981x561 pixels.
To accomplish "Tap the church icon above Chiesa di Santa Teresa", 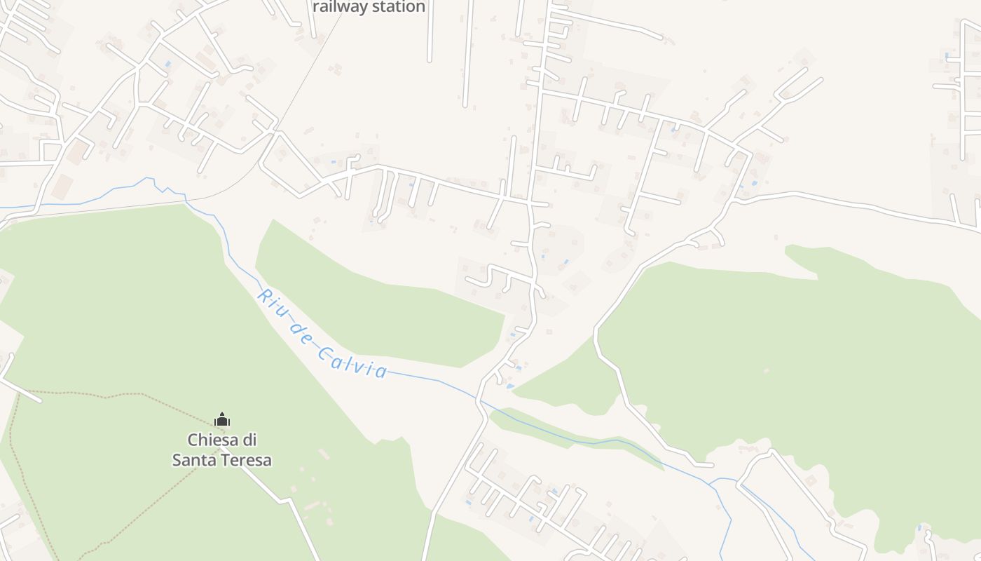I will pos(222,420).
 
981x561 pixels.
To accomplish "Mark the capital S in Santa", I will pos(177,461).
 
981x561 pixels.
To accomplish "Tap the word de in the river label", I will pos(301,328).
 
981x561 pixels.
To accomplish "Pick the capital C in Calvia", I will pos(324,352).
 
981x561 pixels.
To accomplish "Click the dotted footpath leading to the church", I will pos(105,397).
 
